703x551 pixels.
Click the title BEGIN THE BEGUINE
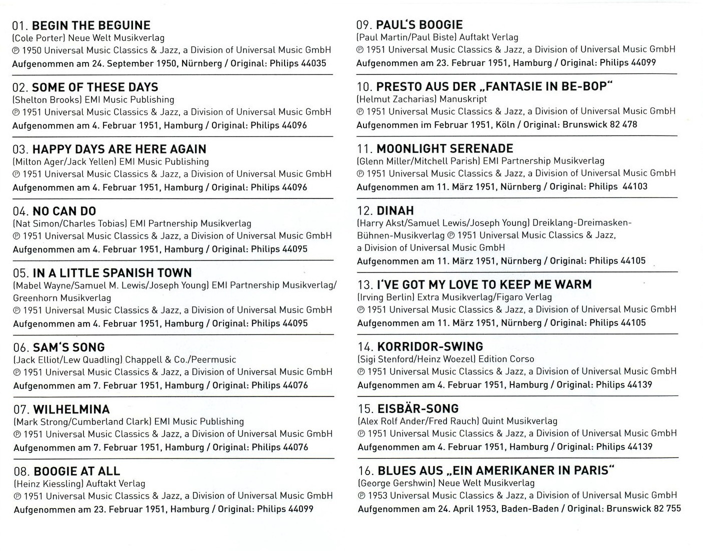click(x=91, y=25)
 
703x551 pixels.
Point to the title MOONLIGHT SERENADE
click(x=444, y=149)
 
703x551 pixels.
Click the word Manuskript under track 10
click(x=463, y=99)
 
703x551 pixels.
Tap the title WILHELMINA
click(x=71, y=409)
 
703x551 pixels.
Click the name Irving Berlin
click(x=387, y=297)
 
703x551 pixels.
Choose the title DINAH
click(x=395, y=211)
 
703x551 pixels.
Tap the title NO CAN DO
click(x=64, y=211)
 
